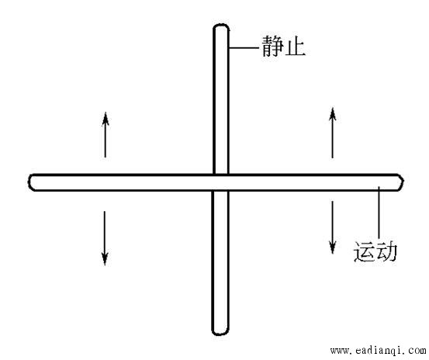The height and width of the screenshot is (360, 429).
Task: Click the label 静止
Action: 283,47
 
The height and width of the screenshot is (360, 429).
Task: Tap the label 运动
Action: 375,251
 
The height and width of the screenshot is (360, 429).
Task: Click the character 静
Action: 272,47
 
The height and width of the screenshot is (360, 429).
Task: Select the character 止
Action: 295,47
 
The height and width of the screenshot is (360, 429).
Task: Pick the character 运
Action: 364,251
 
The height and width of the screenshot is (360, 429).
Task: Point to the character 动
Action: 386,251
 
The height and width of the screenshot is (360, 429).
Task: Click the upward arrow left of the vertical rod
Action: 106,134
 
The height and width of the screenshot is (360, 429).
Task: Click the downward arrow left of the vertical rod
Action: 105,238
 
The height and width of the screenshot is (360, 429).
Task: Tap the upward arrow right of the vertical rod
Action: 333,133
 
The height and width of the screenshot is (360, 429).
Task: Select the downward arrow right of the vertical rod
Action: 333,227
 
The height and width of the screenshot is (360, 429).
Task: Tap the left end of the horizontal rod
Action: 29,182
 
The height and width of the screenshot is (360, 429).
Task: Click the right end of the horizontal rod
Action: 403,182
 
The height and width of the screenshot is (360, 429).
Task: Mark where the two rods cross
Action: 220,182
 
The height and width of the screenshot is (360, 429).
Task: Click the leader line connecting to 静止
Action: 244,48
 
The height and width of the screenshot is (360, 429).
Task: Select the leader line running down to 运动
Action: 379,213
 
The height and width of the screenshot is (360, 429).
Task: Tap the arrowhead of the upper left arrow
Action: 106,119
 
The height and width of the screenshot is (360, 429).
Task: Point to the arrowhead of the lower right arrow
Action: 333,247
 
